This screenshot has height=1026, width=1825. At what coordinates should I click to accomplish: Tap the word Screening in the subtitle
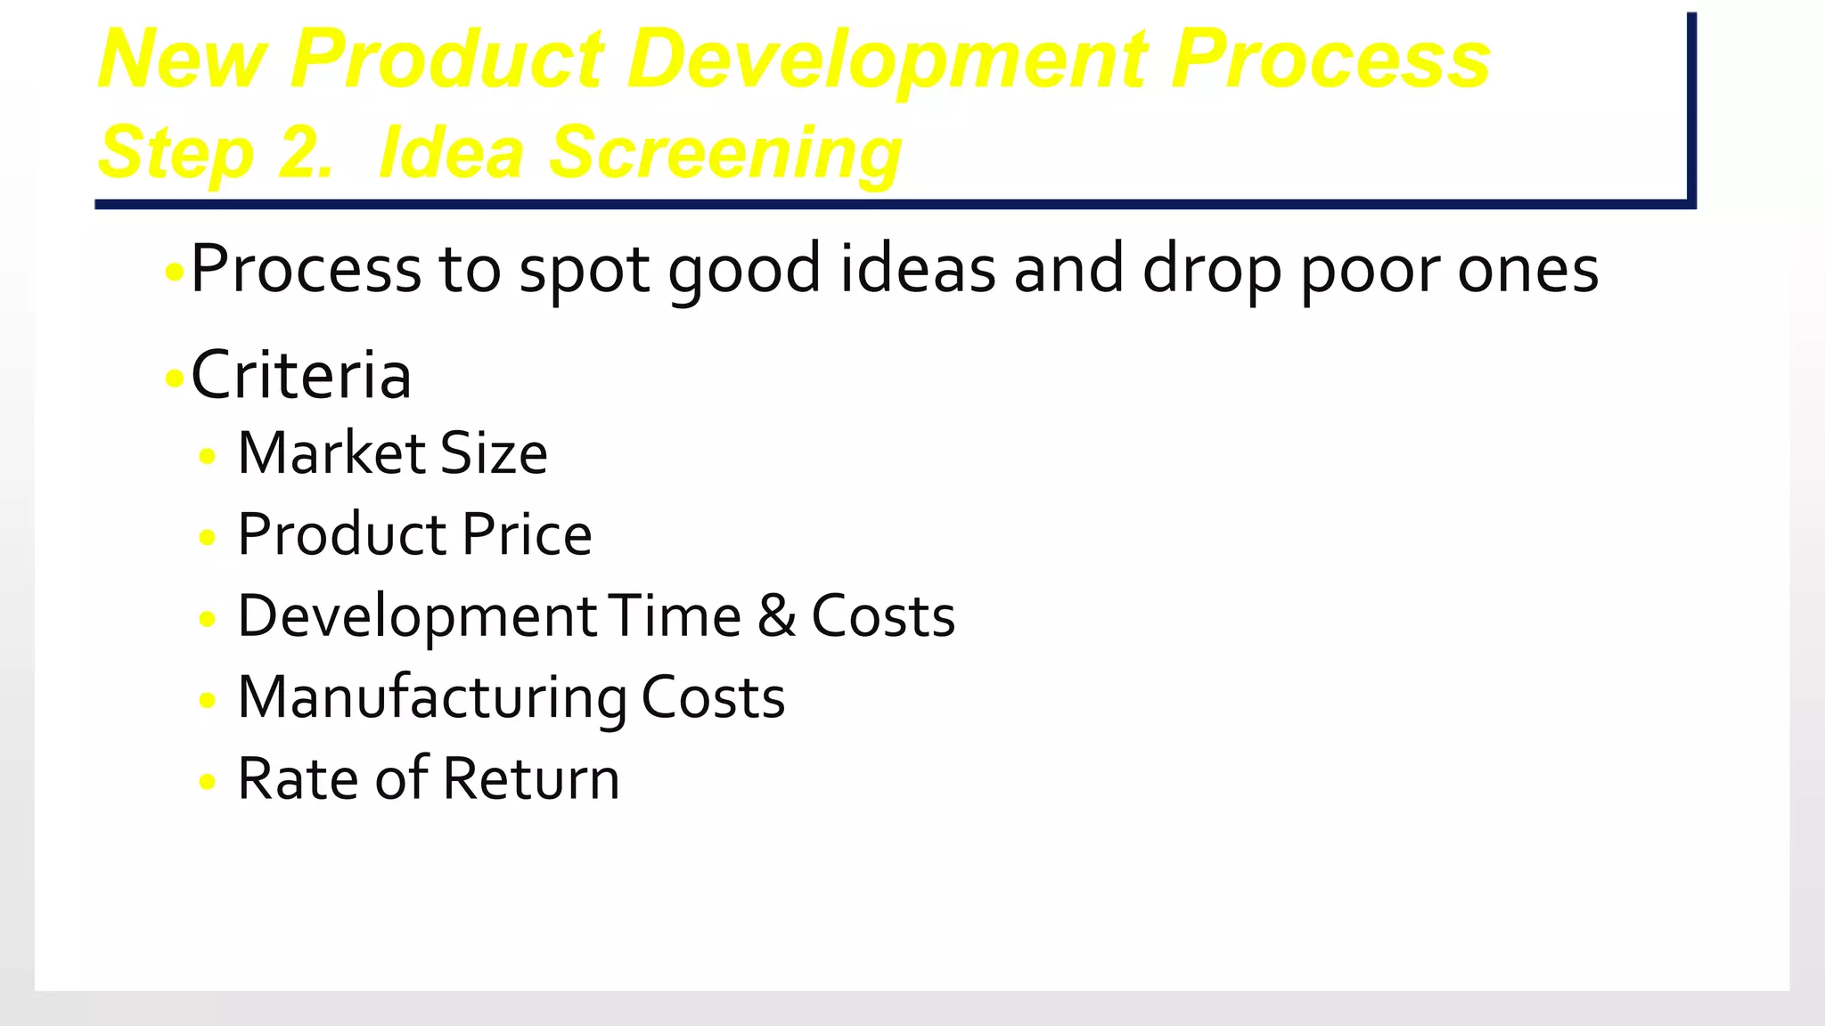724,153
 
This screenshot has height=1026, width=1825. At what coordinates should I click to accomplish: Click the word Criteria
301,376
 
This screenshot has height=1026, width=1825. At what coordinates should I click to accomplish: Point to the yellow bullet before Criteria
175,379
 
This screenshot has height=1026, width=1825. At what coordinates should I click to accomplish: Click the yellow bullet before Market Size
208,457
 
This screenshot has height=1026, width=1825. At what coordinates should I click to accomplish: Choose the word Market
329,453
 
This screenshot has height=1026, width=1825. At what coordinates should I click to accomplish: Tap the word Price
527,535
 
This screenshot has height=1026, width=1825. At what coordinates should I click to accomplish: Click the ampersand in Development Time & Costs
776,616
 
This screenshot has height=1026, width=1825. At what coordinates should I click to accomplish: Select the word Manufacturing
431,698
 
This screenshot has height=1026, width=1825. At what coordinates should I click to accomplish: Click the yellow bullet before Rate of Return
208,782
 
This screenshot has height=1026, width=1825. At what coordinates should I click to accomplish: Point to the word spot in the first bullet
585,271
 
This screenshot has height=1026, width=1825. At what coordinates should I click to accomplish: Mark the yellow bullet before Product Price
208,538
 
